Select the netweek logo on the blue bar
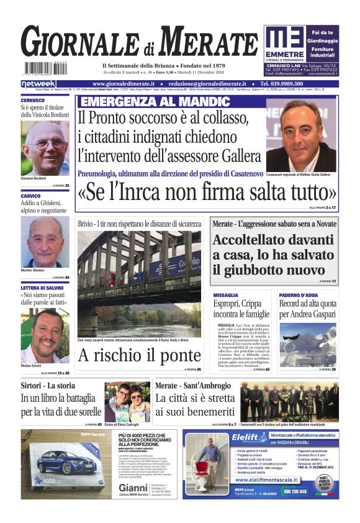click(x=38, y=84)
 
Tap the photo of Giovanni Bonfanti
click(x=45, y=150)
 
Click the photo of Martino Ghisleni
click(x=45, y=242)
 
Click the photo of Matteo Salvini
click(x=45, y=335)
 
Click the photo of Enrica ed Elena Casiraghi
click(x=127, y=402)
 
